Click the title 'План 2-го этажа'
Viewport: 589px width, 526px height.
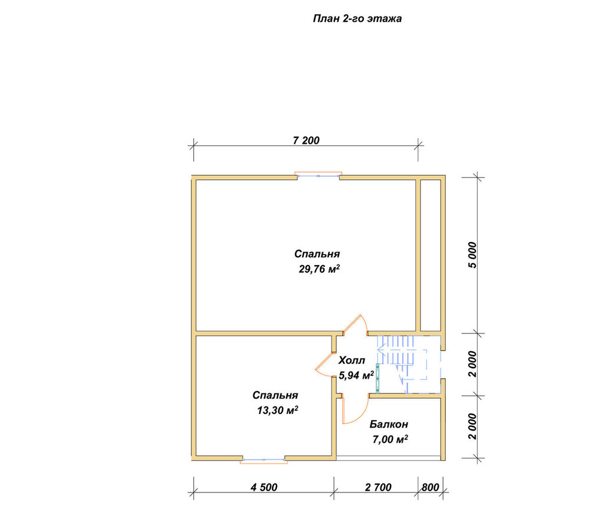pos(358,19)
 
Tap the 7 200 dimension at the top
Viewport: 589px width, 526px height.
pos(306,140)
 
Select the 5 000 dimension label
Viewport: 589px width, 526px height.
pos(472,254)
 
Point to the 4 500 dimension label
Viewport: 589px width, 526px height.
pos(264,487)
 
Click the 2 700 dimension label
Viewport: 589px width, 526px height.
pos(378,487)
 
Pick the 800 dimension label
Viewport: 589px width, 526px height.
pos(430,487)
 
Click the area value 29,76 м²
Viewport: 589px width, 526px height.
pos(319,269)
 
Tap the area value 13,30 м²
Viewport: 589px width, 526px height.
pos(277,411)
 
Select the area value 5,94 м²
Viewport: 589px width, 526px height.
pos(356,375)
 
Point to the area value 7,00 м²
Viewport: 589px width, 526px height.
pos(391,439)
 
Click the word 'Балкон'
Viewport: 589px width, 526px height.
pos(389,424)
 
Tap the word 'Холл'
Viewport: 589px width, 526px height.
pos(352,360)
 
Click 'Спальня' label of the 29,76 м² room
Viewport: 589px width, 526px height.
pos(317,254)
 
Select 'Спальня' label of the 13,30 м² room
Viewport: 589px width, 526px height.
pos(275,395)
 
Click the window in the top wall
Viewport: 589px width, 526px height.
pos(319,176)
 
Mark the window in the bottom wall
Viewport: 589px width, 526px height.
pos(264,459)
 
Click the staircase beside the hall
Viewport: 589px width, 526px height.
pos(402,363)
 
